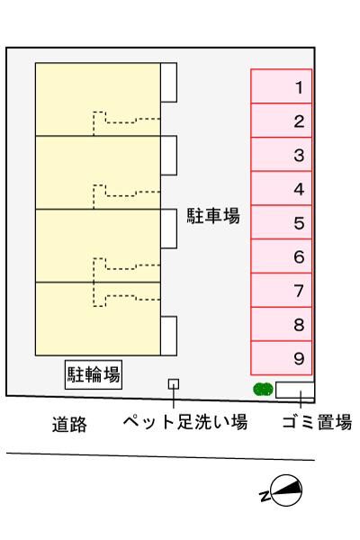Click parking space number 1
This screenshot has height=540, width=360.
coord(281,86)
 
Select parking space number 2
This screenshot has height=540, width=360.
coord(281,121)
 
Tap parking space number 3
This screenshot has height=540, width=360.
coord(281,154)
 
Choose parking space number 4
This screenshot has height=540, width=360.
coord(281,188)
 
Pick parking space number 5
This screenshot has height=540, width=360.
coord(281,222)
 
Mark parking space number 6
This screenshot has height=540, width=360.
coord(281,256)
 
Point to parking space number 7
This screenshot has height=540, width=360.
coord(281,290)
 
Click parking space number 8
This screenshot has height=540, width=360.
coord(281,324)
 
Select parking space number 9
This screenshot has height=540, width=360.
coord(281,358)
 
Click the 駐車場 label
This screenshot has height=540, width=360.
coord(213,216)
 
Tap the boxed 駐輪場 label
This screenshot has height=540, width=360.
coord(94,374)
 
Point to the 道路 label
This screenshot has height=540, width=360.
coord(69,424)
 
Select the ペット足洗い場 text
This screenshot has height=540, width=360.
coord(185,421)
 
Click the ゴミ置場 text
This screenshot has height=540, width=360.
coord(317,421)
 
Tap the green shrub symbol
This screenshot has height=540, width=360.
coord(263,390)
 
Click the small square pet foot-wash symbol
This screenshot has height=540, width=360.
coord(174,384)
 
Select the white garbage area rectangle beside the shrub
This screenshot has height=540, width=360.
coord(295,390)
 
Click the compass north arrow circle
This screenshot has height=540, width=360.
coord(286,490)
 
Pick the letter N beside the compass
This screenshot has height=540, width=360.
coord(265,496)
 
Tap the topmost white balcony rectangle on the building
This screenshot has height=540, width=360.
coord(169,82)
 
